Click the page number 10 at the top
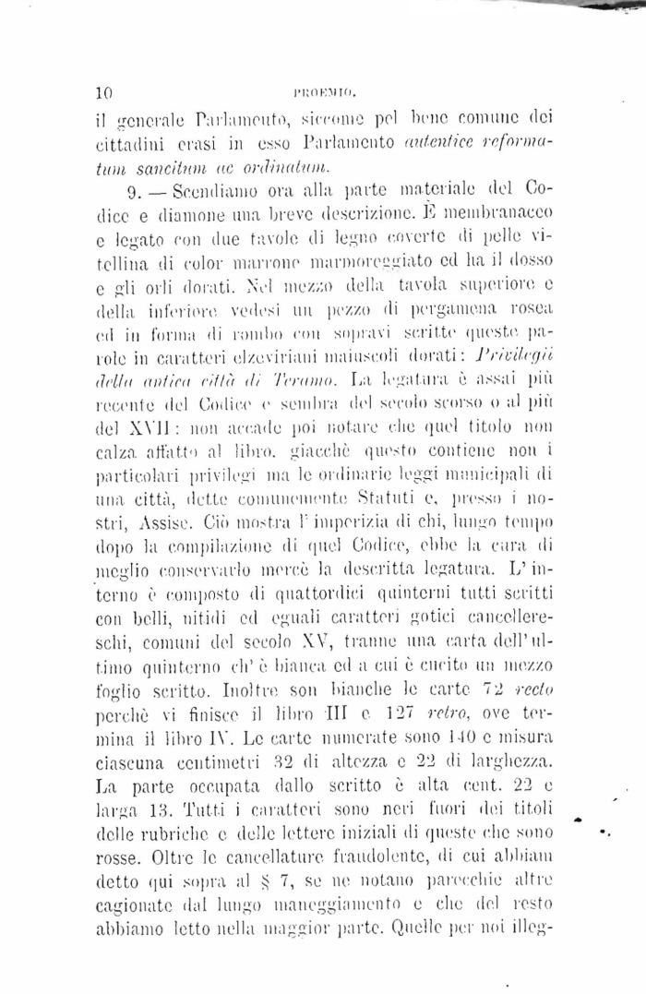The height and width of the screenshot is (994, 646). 103,92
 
